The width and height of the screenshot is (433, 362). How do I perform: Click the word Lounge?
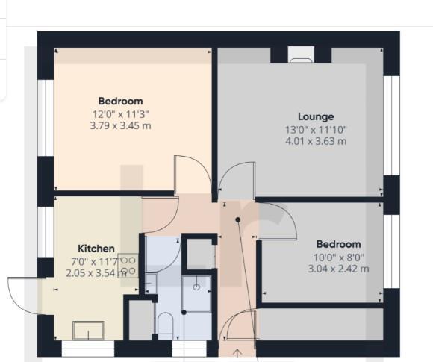tap(316, 116)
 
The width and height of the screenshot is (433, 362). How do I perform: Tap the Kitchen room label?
tap(96, 248)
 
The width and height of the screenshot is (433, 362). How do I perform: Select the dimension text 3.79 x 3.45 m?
tap(120, 125)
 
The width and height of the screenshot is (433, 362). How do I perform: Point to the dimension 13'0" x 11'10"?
tap(316, 128)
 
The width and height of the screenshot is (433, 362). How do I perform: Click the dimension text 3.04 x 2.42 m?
tap(337, 269)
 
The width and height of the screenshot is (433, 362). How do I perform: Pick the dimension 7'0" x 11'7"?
tap(86, 261)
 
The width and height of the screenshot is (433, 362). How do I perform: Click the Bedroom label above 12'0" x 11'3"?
tap(120, 102)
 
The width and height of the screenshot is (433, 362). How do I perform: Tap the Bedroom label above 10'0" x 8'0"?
tap(337, 244)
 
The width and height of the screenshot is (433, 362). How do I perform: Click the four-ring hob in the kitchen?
tap(128, 266)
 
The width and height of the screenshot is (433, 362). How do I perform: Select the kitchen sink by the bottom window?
tap(88, 329)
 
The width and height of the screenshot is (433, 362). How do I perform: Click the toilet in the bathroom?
tap(166, 325)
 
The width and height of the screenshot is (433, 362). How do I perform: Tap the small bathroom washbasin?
tap(151, 281)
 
